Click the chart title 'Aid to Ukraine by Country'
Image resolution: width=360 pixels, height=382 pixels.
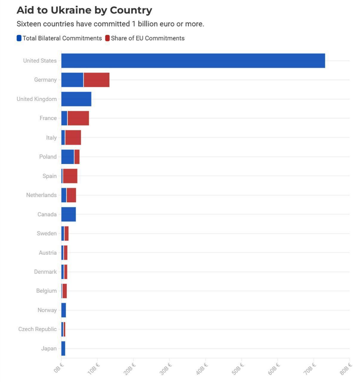pyautogui.click(x=84, y=10)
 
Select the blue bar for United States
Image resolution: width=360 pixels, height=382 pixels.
pyautogui.click(x=193, y=61)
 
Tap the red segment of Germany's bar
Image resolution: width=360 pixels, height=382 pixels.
pyautogui.click(x=97, y=80)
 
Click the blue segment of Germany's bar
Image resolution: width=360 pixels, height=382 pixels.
pyautogui.click(x=72, y=80)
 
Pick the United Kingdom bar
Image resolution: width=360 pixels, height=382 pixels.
pyautogui.click(x=76, y=99)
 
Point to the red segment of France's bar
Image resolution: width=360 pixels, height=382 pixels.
pyautogui.click(x=78, y=118)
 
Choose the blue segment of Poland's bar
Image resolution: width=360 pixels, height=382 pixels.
pyautogui.click(x=68, y=157)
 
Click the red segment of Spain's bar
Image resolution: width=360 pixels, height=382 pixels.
pyautogui.click(x=70, y=176)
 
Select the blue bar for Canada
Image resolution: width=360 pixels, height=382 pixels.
pyautogui.click(x=69, y=214)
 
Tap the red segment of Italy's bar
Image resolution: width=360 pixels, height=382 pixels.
pyautogui.click(x=73, y=138)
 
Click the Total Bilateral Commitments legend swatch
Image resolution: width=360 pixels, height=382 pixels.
pyautogui.click(x=19, y=38)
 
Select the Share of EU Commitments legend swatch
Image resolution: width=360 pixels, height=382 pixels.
pyautogui.click(x=108, y=38)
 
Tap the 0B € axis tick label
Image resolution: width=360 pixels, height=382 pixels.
pyautogui.click(x=58, y=368)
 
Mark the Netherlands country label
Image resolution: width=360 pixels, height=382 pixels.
pyautogui.click(x=41, y=195)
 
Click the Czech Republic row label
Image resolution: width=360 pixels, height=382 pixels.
pyautogui.click(x=38, y=329)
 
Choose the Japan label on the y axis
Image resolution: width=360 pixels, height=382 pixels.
pyautogui.click(x=49, y=348)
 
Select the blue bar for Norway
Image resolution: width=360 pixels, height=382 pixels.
pyautogui.click(x=64, y=310)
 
